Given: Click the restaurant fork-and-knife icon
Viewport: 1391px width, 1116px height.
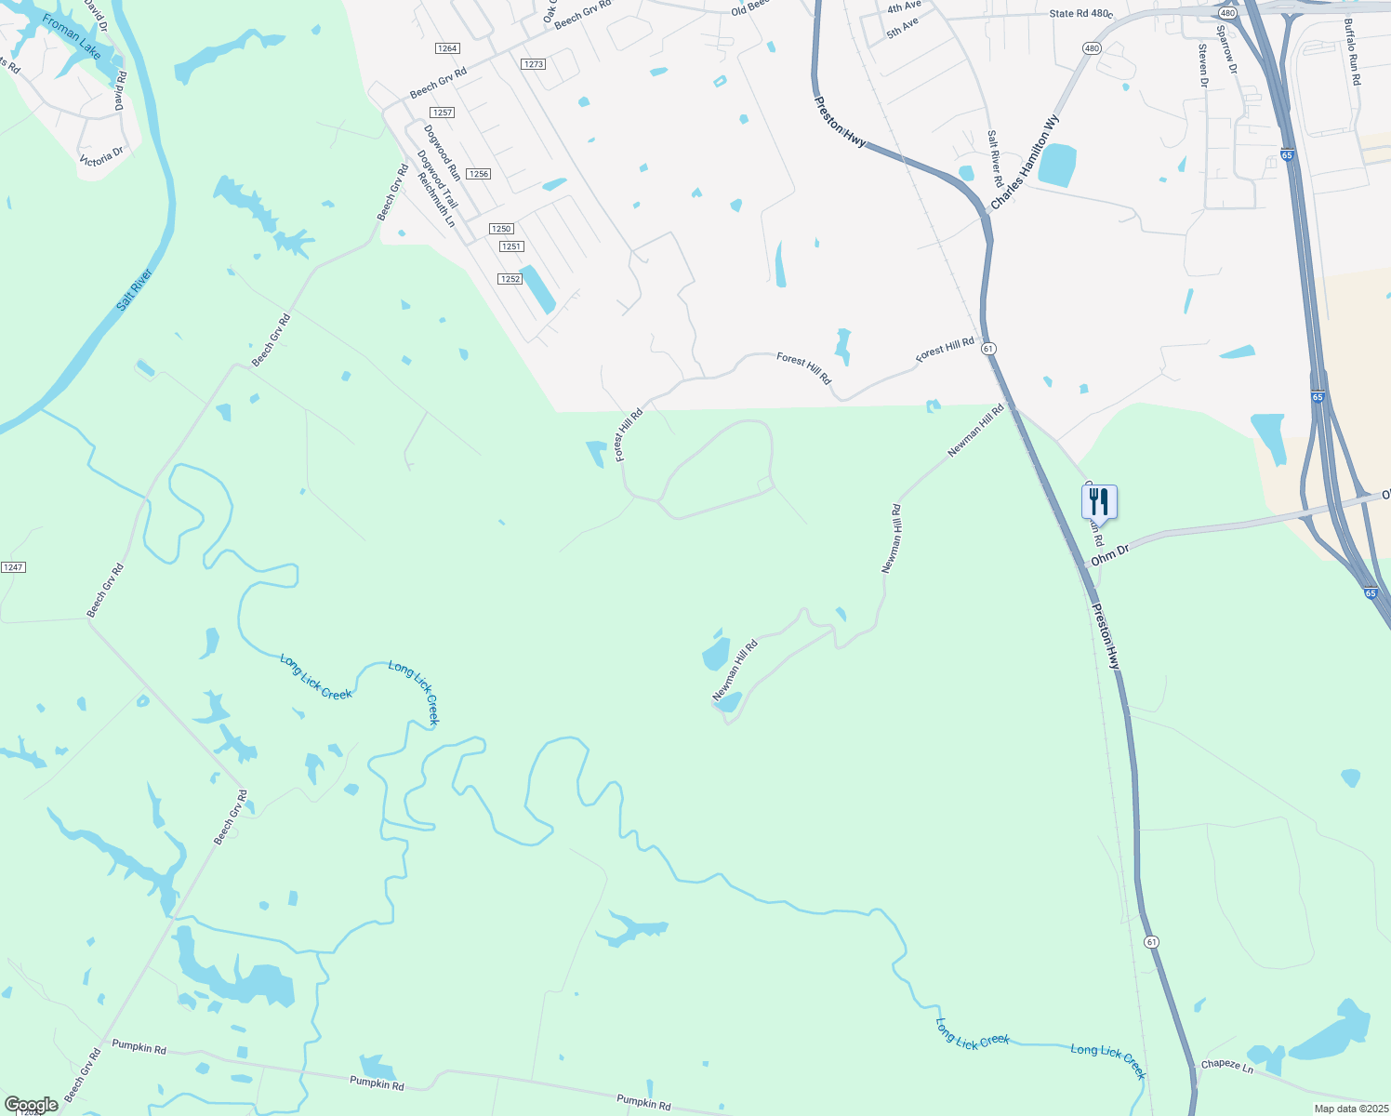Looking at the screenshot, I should pyautogui.click(x=1099, y=502).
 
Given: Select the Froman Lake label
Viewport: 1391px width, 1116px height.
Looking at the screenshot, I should pyautogui.click(x=72, y=37).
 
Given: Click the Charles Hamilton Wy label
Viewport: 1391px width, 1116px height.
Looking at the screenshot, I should pyautogui.click(x=1025, y=162).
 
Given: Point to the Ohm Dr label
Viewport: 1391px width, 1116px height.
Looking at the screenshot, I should pyautogui.click(x=1109, y=556).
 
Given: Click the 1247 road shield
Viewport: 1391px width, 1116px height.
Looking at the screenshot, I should pyautogui.click(x=13, y=567).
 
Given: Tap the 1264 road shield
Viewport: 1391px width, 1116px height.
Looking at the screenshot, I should pyautogui.click(x=447, y=48).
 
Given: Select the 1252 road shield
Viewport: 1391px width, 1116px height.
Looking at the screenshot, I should pyautogui.click(x=510, y=279).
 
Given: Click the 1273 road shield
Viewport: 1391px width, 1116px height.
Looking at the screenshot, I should pyautogui.click(x=534, y=64).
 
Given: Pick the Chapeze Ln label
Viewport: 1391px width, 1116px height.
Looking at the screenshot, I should pyautogui.click(x=1226, y=1066).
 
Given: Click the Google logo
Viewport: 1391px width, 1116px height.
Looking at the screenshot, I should pyautogui.click(x=32, y=1105).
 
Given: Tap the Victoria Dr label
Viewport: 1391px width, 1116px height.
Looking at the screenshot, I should pyautogui.click(x=101, y=155).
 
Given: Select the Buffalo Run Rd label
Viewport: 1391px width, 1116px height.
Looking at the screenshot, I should pyautogui.click(x=1352, y=52).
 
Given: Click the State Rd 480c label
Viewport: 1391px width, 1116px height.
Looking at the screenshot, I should pyautogui.click(x=1080, y=14).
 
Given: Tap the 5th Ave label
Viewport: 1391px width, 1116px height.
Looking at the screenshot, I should pyautogui.click(x=902, y=27).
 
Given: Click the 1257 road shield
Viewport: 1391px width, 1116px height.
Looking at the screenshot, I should pyautogui.click(x=443, y=113).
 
